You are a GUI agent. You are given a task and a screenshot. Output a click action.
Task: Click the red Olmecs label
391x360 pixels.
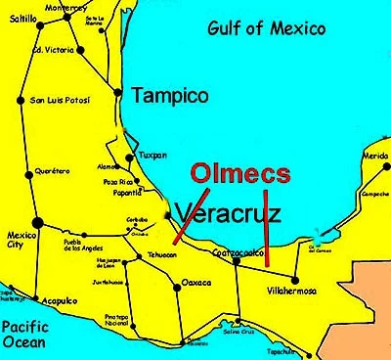coord(240,174)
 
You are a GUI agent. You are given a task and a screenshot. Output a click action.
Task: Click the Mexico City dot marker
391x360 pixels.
coord(37,223)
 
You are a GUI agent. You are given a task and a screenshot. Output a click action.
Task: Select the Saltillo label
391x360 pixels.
coord(22,19)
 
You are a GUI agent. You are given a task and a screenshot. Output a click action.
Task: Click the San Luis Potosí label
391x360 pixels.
coord(60,100)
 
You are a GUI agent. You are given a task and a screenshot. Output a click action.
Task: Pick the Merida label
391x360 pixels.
coord(374,156)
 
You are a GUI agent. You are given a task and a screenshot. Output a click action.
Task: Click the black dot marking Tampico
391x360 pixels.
coord(119,94)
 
